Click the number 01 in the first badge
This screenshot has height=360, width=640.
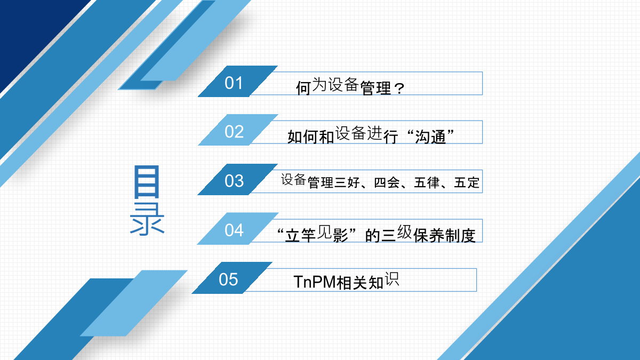pyautogui.click(x=234, y=83)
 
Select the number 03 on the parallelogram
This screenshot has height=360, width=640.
pyautogui.click(x=234, y=181)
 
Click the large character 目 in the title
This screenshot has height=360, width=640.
pyautogui.click(x=147, y=182)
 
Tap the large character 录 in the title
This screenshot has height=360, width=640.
pyautogui.click(x=147, y=219)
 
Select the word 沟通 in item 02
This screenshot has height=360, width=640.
pyautogui.click(x=430, y=137)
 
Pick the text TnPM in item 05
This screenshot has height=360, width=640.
pyautogui.click(x=315, y=282)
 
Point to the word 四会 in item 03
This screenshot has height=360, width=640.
pyautogui.click(x=387, y=182)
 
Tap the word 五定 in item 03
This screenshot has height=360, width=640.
pyautogui.click(x=467, y=182)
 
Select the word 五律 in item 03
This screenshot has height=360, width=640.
pyautogui.click(x=427, y=182)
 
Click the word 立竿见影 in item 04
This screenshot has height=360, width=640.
pyautogui.click(x=317, y=234)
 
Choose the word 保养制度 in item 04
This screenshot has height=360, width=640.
pyautogui.click(x=444, y=235)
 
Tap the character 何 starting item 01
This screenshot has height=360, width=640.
pyautogui.click(x=303, y=87)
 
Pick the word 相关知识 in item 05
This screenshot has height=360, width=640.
pyautogui.click(x=367, y=281)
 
